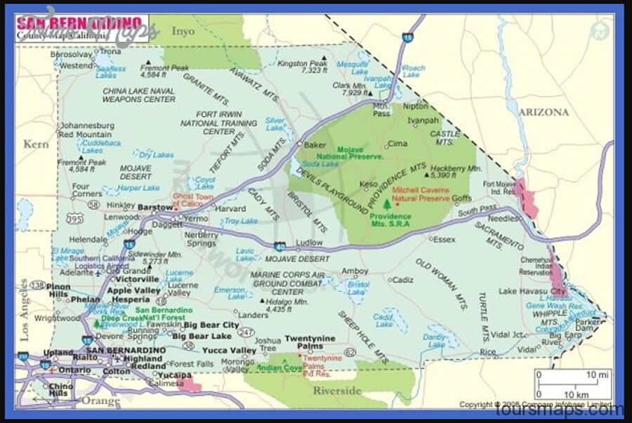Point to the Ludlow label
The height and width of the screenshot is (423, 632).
pos(309,243)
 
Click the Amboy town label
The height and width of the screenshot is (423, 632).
pos(354,271)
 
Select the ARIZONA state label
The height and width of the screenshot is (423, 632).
pos(543,112)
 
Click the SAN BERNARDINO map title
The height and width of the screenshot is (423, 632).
pos(80,22)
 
